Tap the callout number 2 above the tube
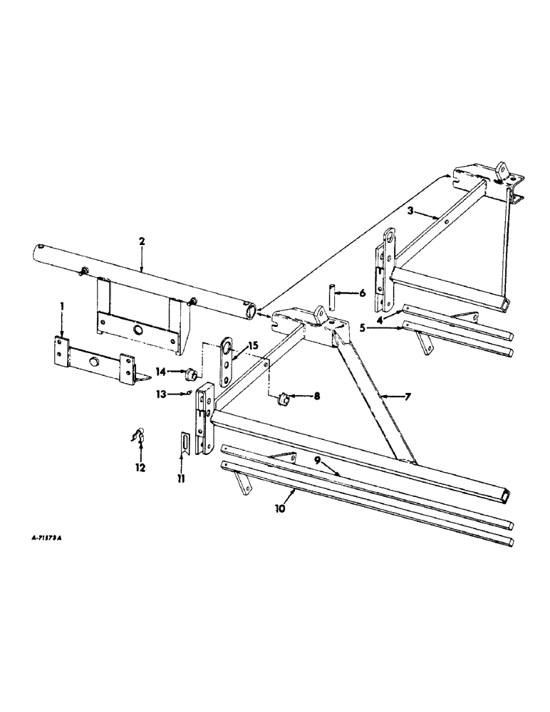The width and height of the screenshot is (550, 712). click(x=142, y=241)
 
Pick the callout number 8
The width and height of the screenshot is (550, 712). click(x=306, y=394)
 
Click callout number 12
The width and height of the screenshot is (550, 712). click(x=140, y=468)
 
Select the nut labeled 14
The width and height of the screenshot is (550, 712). click(x=191, y=373)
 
